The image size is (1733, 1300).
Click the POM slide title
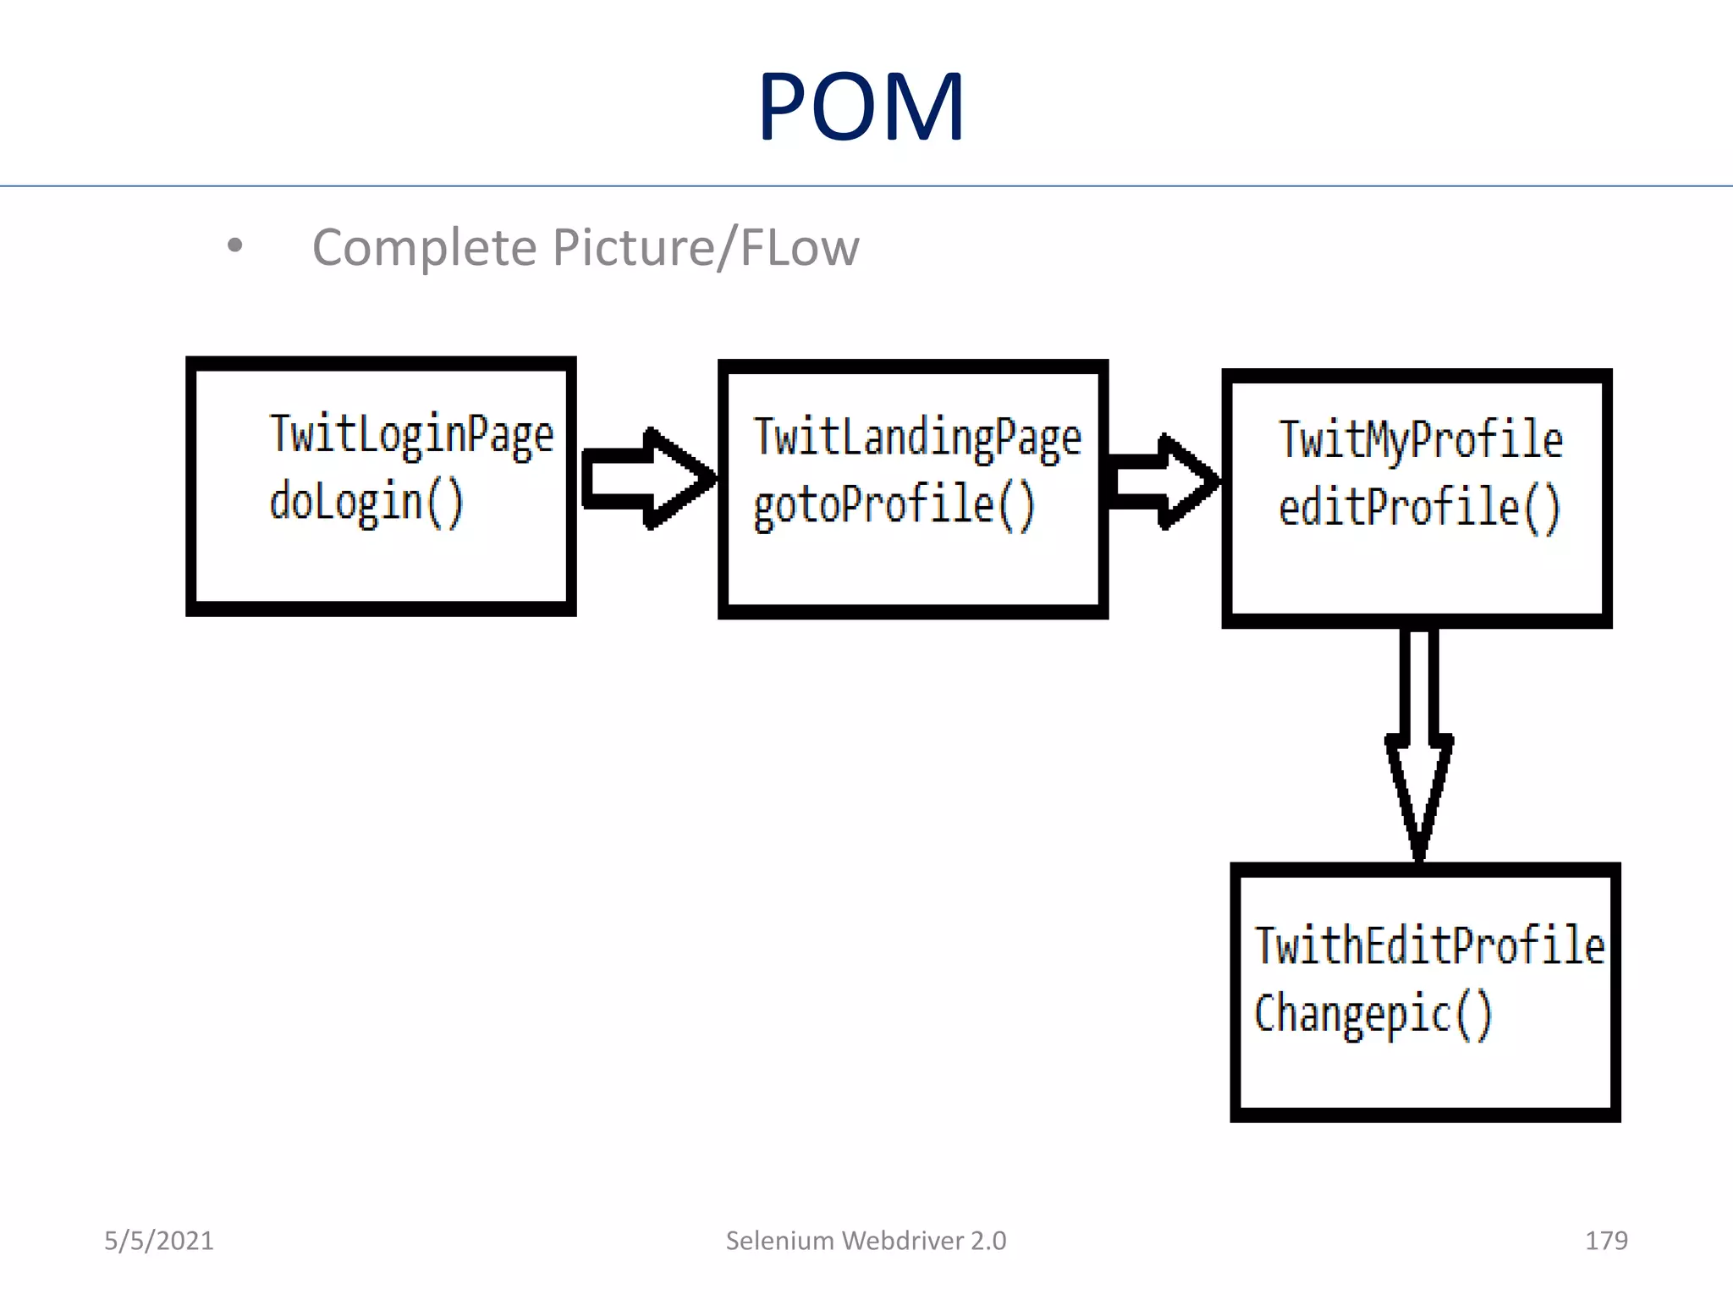tap(861, 107)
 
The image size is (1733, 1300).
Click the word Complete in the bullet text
tap(424, 248)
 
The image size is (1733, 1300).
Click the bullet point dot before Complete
tap(235, 246)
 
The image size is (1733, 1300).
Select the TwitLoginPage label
tap(411, 435)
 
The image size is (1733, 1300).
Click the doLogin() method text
tap(366, 503)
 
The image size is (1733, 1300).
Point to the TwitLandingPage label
tap(917, 438)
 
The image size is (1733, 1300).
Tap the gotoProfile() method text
tap(894, 505)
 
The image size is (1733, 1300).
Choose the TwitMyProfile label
tap(1420, 440)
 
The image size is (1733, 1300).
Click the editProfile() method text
tap(1419, 509)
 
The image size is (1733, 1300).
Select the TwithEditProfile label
tap(1428, 946)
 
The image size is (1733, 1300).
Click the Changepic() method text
tap(1373, 1014)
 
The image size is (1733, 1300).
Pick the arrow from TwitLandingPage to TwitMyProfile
tap(1164, 482)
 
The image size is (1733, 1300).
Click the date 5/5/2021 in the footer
tap(159, 1241)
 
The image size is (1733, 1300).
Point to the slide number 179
tap(1605, 1241)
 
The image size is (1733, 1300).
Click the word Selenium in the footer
tap(779, 1241)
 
